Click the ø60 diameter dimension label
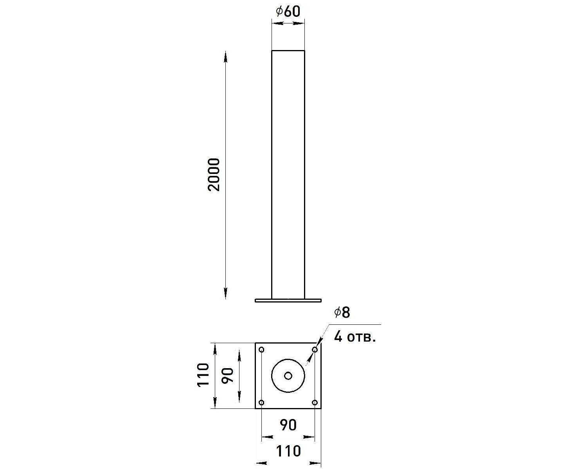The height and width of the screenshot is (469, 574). (x=288, y=12)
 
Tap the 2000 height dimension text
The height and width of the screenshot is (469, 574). (x=214, y=175)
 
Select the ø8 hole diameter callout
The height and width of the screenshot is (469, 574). (x=342, y=312)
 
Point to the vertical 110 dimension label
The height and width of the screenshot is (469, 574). (x=203, y=374)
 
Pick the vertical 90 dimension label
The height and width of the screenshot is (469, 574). (x=227, y=375)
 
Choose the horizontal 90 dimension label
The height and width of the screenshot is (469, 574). (x=288, y=425)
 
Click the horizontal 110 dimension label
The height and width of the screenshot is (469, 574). (x=288, y=451)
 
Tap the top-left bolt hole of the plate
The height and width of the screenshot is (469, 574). (x=261, y=349)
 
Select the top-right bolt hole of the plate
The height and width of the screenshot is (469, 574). (x=315, y=349)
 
